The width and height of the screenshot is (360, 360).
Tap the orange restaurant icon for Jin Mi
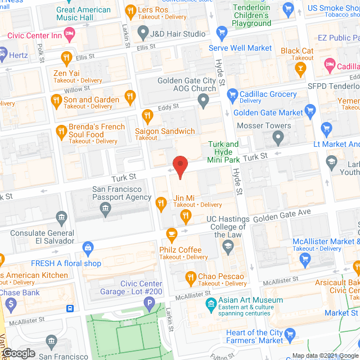click(161, 203)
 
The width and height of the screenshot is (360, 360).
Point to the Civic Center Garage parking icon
click(149, 305)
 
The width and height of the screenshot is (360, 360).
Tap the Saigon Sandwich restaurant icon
click(148, 116)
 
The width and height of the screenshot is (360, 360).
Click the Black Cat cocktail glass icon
click(300, 68)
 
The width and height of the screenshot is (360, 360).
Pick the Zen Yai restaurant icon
click(66, 57)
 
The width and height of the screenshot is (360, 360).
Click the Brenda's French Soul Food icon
click(61, 132)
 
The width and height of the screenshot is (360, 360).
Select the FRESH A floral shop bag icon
click(88, 247)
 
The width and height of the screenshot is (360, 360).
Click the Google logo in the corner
click(18, 353)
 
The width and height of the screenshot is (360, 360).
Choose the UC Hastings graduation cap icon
click(228, 246)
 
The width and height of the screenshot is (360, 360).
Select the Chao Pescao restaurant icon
click(191, 277)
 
